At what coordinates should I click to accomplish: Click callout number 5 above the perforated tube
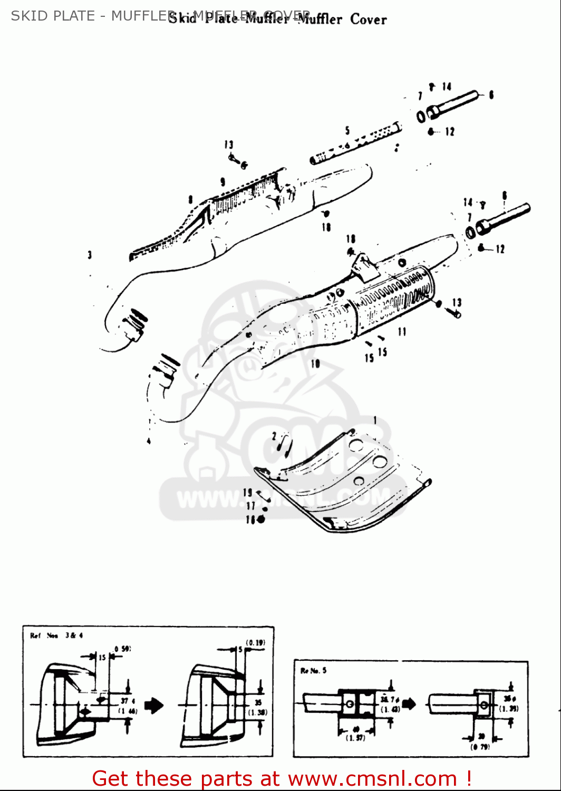click(347, 130)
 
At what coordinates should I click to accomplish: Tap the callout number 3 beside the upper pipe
click(90, 255)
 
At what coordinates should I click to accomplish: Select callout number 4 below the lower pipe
click(149, 441)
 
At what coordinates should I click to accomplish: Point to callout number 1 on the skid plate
click(375, 420)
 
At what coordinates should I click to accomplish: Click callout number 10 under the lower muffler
click(315, 364)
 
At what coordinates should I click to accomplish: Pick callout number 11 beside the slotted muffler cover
click(402, 332)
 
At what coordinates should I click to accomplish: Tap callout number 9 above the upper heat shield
click(223, 182)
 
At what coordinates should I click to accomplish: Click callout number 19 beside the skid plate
click(248, 493)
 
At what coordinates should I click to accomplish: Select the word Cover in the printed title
click(368, 20)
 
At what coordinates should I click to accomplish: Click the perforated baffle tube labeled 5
click(356, 143)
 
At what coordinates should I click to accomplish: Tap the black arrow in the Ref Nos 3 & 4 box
click(154, 705)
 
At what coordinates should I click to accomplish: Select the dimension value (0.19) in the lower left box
click(256, 642)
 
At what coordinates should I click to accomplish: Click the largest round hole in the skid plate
click(380, 462)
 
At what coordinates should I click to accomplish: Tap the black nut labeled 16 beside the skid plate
click(260, 519)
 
